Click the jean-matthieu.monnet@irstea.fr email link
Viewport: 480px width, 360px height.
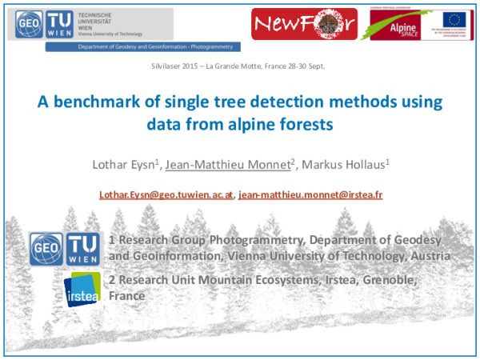click(310, 194)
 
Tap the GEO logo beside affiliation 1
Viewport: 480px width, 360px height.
click(45, 250)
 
